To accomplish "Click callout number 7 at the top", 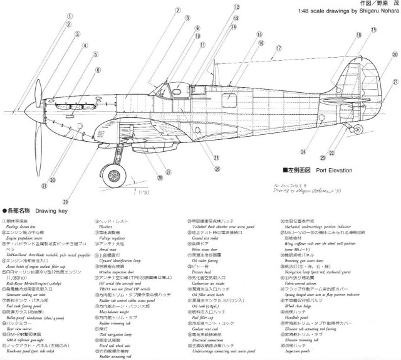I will click(169, 11).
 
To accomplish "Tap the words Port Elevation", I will click(335, 169).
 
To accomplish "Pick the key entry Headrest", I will click(108, 228).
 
